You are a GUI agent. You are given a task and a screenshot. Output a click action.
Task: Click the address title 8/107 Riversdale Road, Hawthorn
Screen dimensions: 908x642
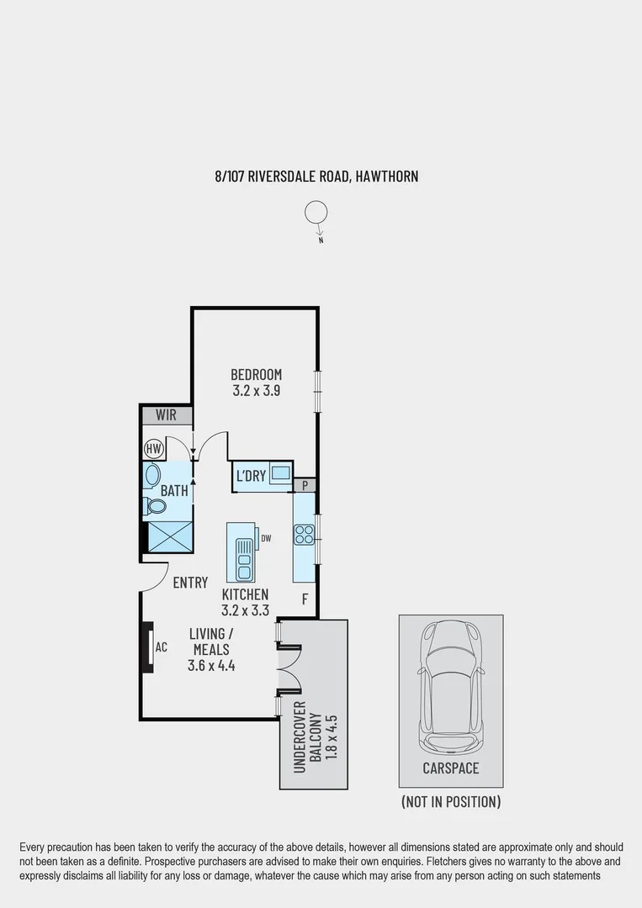pos(316,177)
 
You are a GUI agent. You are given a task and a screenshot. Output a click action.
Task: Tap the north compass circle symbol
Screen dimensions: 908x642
pos(316,214)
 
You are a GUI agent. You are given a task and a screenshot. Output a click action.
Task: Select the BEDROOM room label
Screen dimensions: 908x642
pos(257,374)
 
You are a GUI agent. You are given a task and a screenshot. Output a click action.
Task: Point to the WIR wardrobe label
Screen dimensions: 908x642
pos(166,415)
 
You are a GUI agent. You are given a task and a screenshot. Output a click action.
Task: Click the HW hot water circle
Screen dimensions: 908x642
pos(153,449)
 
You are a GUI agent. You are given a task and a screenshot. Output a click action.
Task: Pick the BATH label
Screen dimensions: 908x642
pos(174,490)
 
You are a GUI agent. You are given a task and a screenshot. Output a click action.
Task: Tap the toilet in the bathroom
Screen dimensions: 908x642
pos(154,507)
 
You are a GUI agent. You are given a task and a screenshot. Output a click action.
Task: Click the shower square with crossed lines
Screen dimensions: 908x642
pos(168,536)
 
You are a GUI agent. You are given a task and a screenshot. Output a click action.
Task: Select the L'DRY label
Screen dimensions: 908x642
pos(251,477)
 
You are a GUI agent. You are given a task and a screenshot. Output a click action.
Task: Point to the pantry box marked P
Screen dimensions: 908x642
pos(304,485)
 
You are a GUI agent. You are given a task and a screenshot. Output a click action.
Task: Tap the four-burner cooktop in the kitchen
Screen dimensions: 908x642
pos(304,535)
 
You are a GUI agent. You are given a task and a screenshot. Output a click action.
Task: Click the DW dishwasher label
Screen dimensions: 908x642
pos(266,538)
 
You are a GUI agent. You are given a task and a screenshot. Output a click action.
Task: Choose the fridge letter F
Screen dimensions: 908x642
pos(305,599)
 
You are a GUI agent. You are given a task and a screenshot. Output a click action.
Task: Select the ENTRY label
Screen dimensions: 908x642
pos(190,583)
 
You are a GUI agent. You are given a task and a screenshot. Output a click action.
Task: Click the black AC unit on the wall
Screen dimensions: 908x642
pos(147,647)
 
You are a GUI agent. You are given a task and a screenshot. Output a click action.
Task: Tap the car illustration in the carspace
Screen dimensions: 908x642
pos(451,686)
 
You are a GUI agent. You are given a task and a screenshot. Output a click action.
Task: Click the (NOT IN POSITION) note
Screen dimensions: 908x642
pos(451,801)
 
